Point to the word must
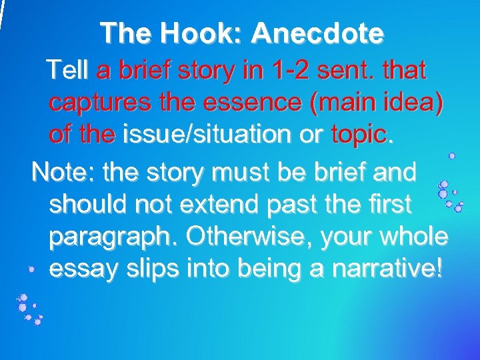(x=245, y=171)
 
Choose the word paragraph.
(x=112, y=237)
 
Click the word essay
(x=81, y=270)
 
